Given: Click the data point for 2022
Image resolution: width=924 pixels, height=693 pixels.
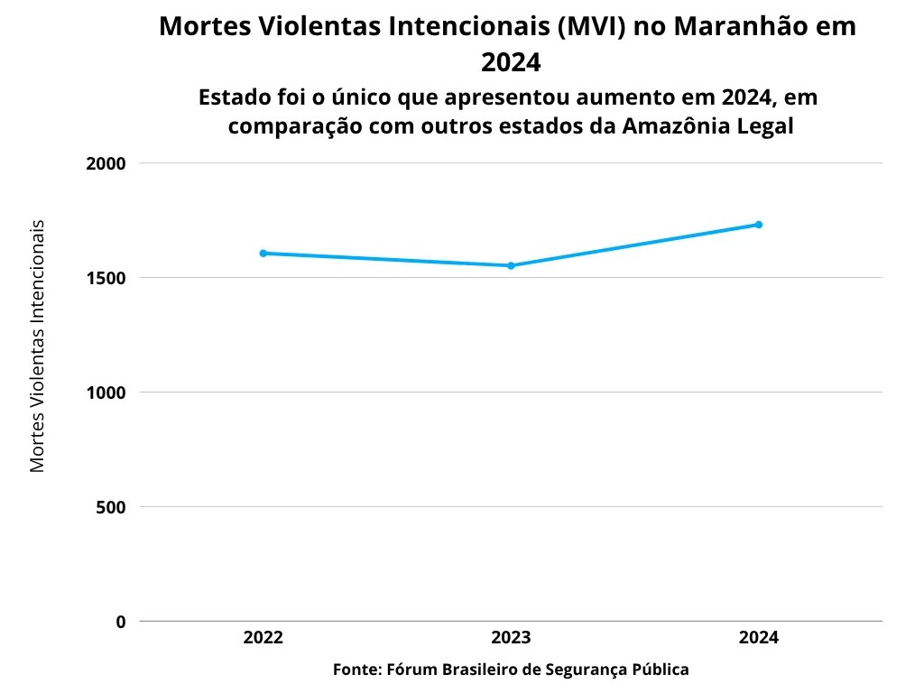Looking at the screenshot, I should pos(263,254).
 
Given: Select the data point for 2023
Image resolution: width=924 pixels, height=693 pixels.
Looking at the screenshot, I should pos(511,265).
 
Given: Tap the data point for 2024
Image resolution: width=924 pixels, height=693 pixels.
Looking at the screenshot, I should pos(759,225).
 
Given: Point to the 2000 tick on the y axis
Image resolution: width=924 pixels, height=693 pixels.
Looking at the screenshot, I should pos(106,164).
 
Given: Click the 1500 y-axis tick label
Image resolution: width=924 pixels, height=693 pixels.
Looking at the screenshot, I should pos(106,278).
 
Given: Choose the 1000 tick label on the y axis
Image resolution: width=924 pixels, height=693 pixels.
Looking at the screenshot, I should pos(106,393).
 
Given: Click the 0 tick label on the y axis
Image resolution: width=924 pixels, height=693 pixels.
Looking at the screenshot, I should pos(120,622).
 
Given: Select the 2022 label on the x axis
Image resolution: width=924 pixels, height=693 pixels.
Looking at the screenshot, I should pos(263,638).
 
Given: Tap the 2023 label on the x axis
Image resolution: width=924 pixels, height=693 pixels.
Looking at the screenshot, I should pos(511,638).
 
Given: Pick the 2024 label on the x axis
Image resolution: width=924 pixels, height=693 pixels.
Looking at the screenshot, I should pos(759,638).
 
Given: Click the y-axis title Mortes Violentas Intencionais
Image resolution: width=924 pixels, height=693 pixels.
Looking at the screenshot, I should pos(37,346).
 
